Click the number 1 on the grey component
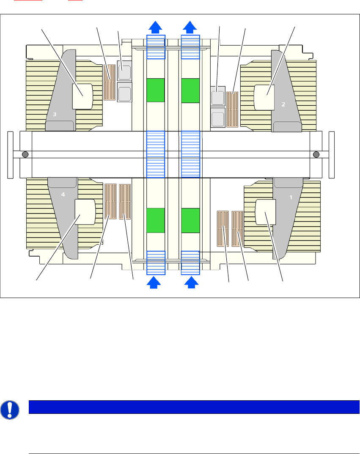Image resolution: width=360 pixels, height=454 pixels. point(291,197)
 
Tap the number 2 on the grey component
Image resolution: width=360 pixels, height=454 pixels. point(283,104)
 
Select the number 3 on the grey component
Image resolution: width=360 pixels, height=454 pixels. point(55,114)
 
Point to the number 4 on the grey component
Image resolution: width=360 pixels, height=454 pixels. point(63,195)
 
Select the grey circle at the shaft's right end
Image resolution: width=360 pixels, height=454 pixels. point(316,154)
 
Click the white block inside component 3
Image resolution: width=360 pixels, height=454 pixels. point(82,96)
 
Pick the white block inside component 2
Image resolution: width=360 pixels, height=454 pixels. point(264,96)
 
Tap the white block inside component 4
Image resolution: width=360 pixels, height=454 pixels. point(85,212)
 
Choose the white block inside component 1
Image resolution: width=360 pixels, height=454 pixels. point(266,212)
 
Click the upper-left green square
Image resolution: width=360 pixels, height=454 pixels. point(155,90)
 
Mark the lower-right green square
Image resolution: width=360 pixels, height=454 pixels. point(190,220)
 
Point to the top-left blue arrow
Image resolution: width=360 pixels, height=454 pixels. point(156,27)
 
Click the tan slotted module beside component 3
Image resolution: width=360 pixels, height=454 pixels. point(110,82)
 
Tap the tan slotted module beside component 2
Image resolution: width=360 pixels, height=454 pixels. point(232,109)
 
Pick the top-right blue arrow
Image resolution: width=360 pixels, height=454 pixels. point(190,27)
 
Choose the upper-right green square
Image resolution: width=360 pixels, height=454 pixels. point(190,90)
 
